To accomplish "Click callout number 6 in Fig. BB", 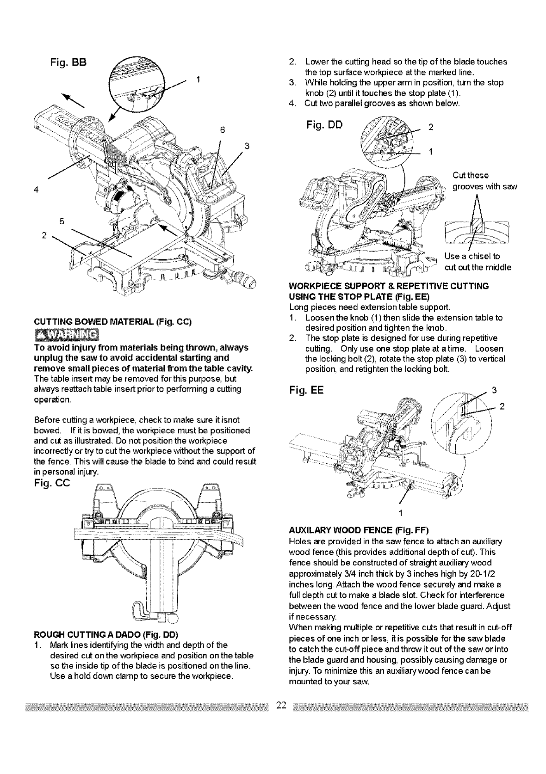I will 222,130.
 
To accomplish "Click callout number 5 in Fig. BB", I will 61,221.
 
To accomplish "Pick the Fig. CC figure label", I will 51,483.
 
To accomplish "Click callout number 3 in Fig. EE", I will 494,390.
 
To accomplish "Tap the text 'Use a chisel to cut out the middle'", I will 477,262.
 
